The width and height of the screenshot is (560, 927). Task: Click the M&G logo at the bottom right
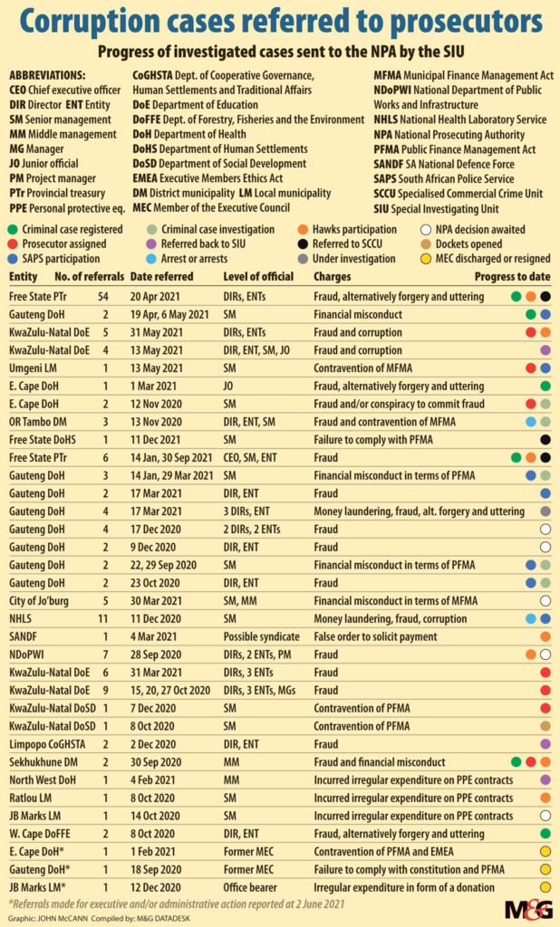tap(528, 909)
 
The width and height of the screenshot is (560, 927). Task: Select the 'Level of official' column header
tap(258, 276)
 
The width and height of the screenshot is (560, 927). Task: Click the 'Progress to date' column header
tap(512, 276)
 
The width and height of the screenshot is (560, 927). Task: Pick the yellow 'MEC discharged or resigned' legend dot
tap(426, 258)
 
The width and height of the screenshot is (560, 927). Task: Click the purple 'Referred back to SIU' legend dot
tap(150, 244)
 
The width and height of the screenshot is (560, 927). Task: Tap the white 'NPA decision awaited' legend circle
tap(426, 229)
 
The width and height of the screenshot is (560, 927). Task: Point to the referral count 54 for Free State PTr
tap(103, 296)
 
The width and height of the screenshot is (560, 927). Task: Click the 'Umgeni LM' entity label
tap(34, 368)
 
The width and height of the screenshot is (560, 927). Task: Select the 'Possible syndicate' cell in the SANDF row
tap(261, 636)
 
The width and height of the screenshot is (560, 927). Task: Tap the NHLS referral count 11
tap(103, 618)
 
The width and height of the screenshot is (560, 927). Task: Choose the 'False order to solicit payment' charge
tap(375, 636)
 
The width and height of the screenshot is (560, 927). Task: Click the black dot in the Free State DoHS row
tap(546, 439)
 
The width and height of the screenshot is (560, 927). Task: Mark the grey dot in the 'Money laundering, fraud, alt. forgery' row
tap(546, 511)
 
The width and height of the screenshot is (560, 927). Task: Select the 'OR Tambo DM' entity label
tap(38, 422)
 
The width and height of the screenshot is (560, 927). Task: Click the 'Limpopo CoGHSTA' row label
tap(47, 744)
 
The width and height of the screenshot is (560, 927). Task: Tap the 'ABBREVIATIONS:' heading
tap(47, 75)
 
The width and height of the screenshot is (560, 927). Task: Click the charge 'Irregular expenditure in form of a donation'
tap(404, 887)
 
